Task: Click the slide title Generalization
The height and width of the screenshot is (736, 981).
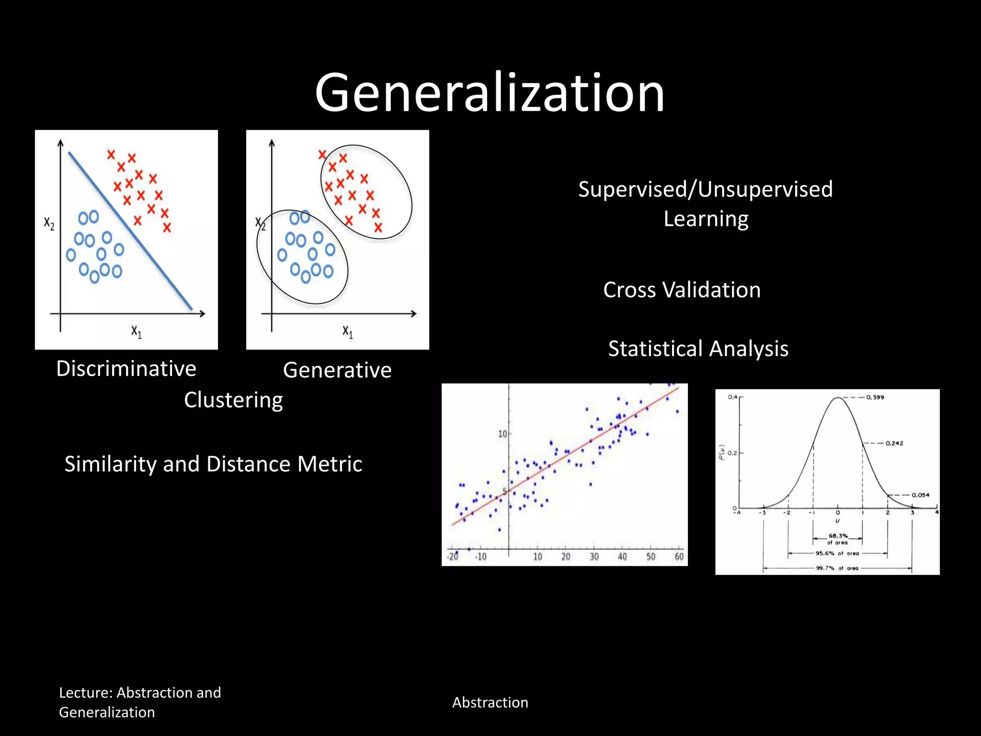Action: point(490,92)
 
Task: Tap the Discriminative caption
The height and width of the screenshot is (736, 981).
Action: point(126,368)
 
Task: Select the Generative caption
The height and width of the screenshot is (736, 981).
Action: point(337,370)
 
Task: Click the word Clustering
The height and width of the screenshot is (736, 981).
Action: point(233,400)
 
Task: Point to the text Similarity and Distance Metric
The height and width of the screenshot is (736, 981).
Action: point(213,464)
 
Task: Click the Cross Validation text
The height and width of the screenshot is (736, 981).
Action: point(682,290)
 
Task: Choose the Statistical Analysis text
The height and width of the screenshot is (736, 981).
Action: point(698,348)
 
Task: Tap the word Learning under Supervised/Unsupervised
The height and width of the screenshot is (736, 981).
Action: point(706,219)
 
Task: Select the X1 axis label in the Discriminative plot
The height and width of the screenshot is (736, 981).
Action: point(137,332)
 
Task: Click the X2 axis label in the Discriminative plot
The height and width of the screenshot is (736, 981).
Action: point(49,223)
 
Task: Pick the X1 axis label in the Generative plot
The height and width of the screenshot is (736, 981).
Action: point(348,332)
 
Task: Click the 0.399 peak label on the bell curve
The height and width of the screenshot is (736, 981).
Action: point(875,397)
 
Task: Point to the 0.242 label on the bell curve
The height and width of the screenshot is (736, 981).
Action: point(894,443)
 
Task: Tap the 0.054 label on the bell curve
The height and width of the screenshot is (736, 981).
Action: point(920,495)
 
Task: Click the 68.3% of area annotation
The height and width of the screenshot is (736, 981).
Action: point(838,539)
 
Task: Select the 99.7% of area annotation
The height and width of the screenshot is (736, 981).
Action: point(837,568)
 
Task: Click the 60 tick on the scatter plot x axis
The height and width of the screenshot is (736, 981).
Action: point(679,557)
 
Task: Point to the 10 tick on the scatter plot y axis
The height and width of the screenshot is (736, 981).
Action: point(502,434)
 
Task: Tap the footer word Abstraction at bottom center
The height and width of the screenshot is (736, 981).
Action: point(490,702)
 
